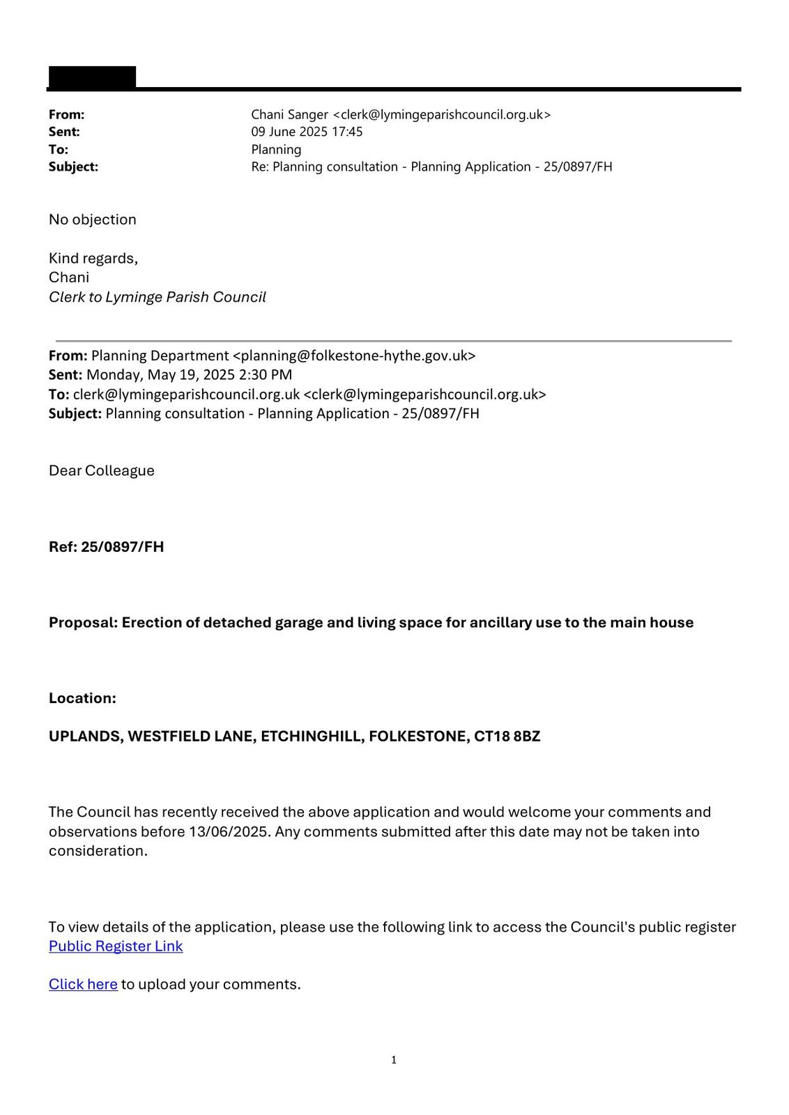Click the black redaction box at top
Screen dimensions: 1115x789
[x=91, y=77]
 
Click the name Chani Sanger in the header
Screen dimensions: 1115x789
[x=289, y=115]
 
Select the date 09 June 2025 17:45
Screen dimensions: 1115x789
[x=307, y=132]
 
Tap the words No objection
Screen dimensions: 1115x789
[x=93, y=220]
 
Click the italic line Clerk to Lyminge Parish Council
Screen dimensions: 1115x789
[x=157, y=298]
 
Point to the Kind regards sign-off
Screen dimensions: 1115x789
[x=93, y=259]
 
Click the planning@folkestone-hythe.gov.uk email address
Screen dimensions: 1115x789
[x=353, y=355]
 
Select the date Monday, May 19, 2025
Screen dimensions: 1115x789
[x=160, y=375]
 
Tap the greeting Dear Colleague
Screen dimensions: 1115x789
[x=102, y=470]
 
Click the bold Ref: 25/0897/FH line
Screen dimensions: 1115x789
[x=106, y=546]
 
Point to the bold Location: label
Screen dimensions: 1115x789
[x=82, y=698]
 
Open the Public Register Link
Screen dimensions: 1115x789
[x=116, y=946]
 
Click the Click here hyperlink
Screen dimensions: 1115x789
[x=83, y=985]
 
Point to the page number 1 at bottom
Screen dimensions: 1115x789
[x=394, y=1060]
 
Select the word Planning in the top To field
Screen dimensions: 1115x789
[x=276, y=150]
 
